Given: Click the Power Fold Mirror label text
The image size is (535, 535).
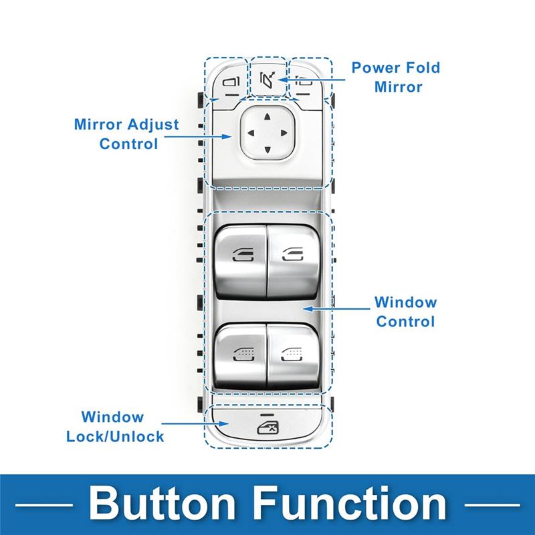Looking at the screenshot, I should (397, 77).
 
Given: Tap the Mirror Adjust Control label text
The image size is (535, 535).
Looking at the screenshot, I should (116, 134).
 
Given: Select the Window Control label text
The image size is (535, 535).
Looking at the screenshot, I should (405, 312).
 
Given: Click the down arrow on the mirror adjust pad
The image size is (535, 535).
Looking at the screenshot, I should (267, 150).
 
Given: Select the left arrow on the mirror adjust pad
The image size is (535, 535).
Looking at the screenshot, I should (250, 133).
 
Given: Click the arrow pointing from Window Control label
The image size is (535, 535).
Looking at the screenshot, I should (334, 308).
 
